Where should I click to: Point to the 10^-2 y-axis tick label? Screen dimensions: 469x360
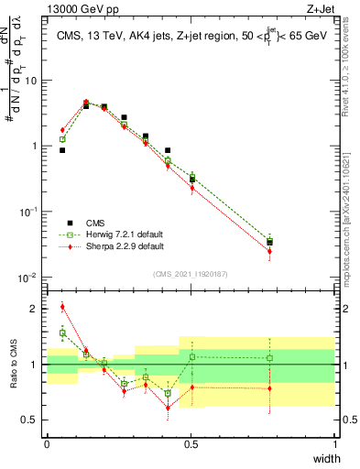coord(28,278)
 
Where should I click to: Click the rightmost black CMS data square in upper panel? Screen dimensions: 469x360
coord(269,243)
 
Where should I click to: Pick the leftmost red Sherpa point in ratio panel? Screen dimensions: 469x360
coord(62,307)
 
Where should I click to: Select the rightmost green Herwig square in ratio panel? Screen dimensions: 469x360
coord(269,358)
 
